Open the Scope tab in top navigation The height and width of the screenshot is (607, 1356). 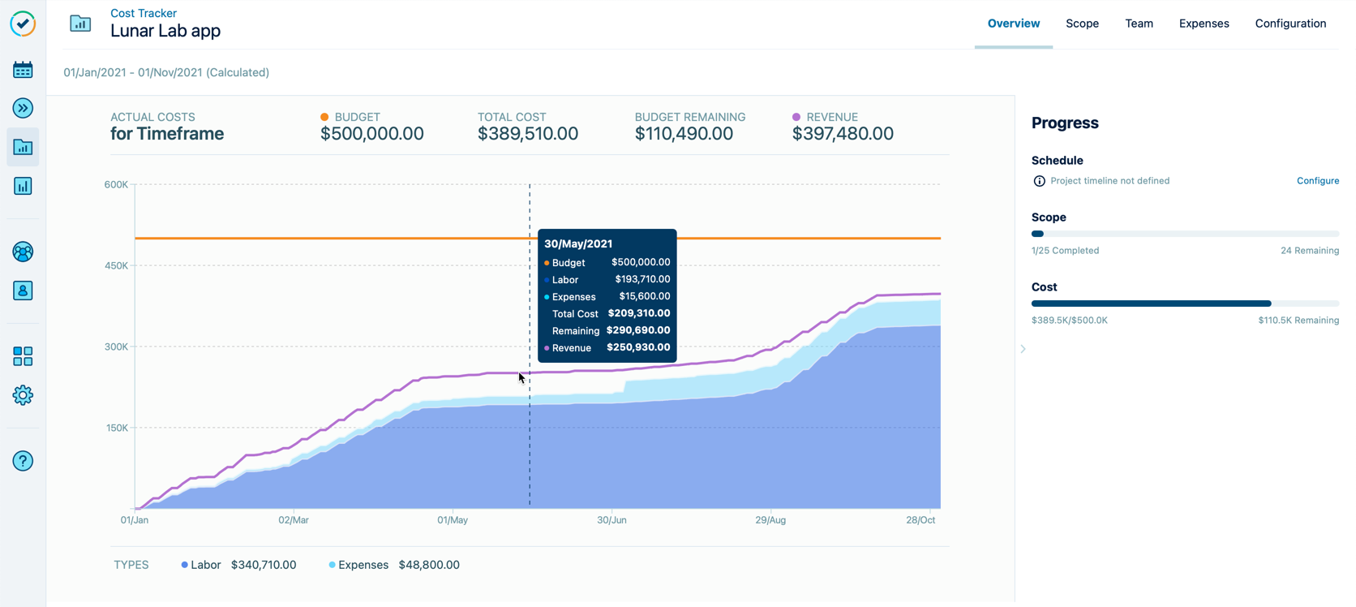1082,24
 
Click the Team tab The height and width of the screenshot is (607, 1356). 1139,24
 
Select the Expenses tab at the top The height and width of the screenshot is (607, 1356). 1204,24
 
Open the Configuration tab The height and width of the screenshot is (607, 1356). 1290,24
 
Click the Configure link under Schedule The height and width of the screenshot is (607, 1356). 1317,181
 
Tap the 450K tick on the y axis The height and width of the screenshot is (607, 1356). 116,265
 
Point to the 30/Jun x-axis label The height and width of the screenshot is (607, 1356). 611,520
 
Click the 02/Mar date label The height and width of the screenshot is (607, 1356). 294,520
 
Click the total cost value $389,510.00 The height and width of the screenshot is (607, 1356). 527,134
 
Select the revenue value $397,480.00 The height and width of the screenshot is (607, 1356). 843,134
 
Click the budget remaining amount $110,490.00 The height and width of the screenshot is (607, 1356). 684,134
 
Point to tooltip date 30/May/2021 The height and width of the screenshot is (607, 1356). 578,243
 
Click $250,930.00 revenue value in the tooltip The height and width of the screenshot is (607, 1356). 638,347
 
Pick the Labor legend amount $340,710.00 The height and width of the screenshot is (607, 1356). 264,565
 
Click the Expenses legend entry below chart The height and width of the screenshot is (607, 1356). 363,565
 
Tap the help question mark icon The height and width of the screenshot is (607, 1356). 23,461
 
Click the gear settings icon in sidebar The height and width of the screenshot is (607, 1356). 23,395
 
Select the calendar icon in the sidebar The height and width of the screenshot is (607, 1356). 23,70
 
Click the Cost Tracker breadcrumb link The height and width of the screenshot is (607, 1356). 143,13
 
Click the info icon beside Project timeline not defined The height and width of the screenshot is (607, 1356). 1039,181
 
